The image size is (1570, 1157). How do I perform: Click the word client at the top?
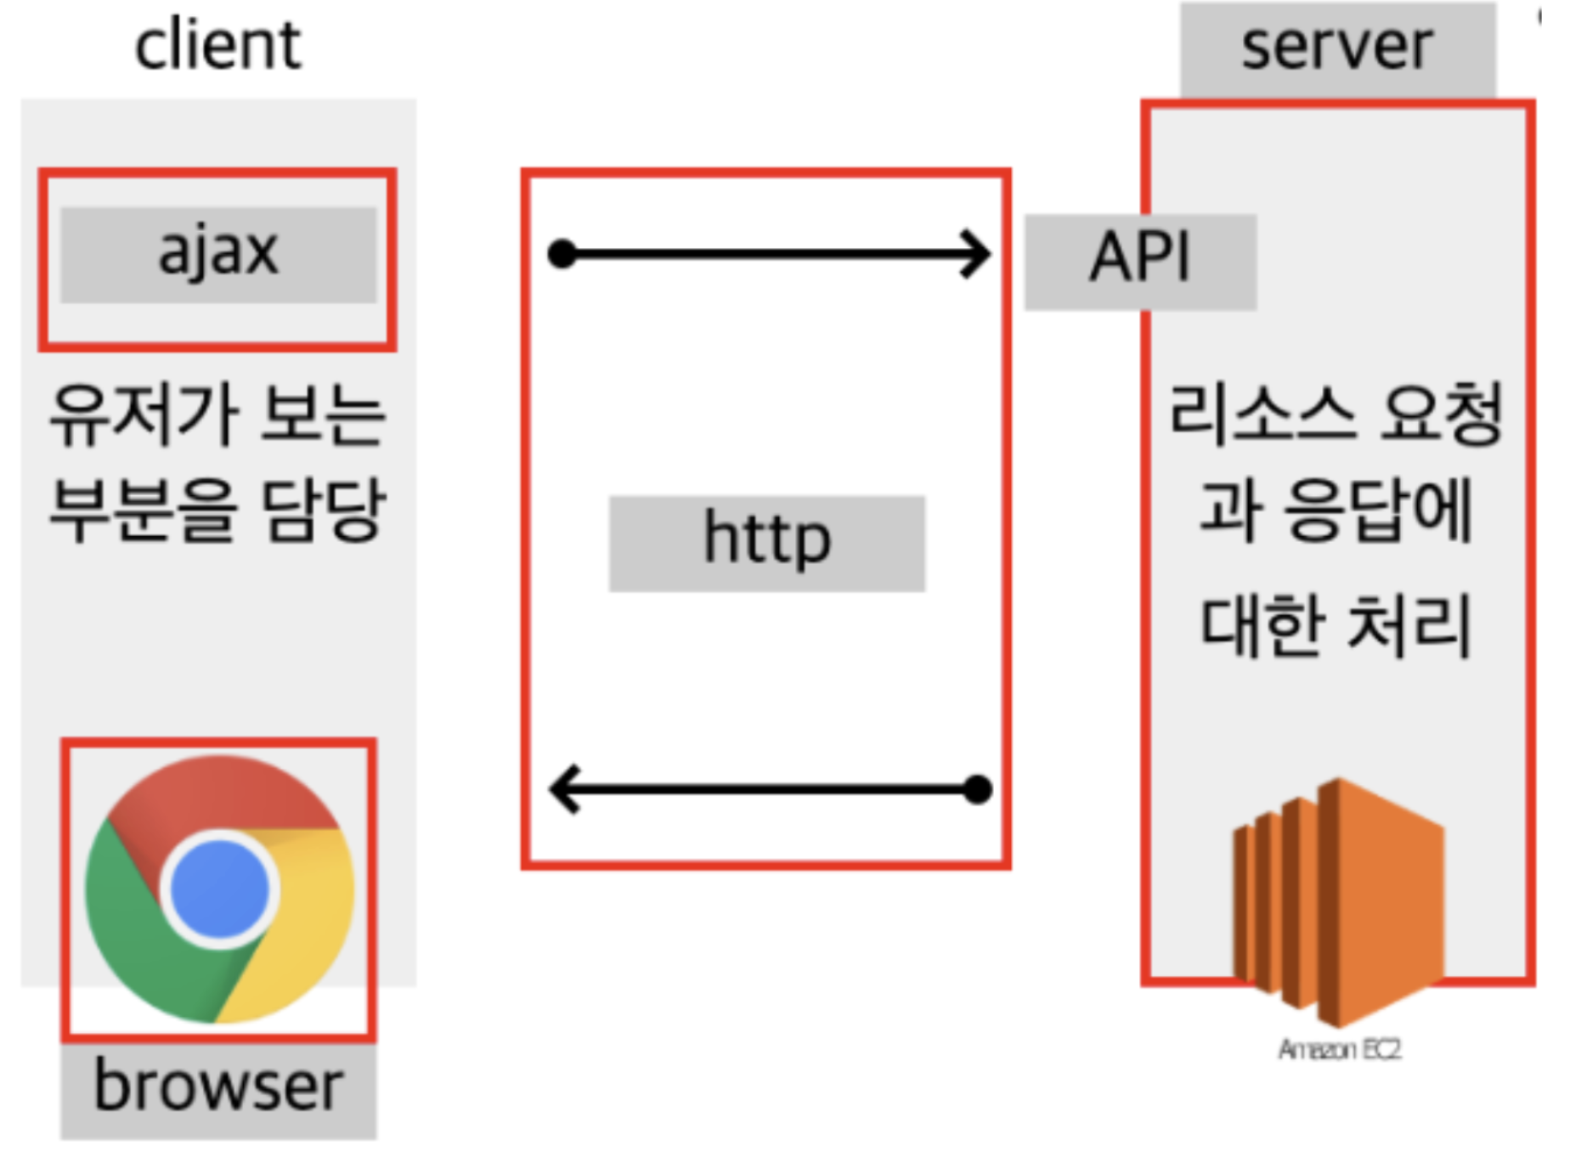pos(217,46)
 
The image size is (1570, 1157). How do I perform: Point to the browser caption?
pos(218,1087)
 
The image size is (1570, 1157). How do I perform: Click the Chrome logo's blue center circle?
pos(220,889)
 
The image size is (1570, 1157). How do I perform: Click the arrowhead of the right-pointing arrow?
pos(977,253)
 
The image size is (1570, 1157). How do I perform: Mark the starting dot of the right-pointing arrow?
pos(562,253)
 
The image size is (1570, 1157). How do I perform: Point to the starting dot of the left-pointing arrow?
pos(979,789)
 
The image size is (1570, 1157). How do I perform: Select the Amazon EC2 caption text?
pos(1340,1051)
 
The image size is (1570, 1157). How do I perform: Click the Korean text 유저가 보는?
pos(218,416)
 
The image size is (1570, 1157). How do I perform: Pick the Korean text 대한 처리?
pos(1336,625)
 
